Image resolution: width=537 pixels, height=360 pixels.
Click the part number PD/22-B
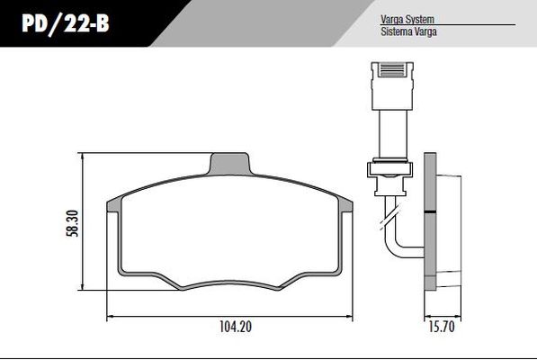coord(66,24)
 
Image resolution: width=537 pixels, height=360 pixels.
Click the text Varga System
coord(407,19)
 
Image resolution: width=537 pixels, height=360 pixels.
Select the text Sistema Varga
coord(408,31)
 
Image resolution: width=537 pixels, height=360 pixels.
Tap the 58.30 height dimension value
coord(73,223)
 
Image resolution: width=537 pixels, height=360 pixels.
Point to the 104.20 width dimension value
coord(236,327)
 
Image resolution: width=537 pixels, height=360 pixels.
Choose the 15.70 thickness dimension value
coord(442,327)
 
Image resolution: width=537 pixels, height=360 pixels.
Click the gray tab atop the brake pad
coord(229,164)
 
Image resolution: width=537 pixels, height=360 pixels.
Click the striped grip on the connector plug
coord(392,70)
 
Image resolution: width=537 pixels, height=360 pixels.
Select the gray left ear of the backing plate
coord(113,205)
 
